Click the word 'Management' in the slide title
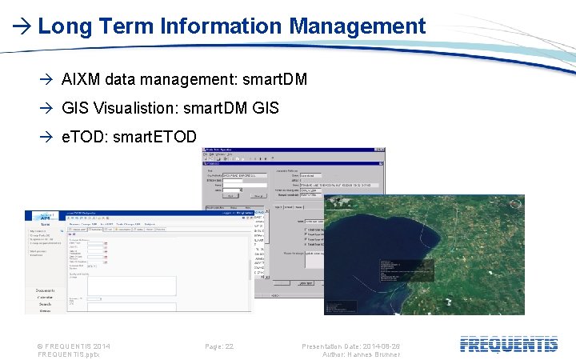coord(357,26)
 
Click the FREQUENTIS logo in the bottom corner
coord(509,345)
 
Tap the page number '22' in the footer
coord(230,346)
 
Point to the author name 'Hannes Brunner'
coord(374,354)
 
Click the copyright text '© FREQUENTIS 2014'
coord(74,346)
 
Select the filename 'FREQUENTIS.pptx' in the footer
coord(66,354)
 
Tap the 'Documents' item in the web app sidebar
coord(45,290)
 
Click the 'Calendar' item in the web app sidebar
coord(45,297)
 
